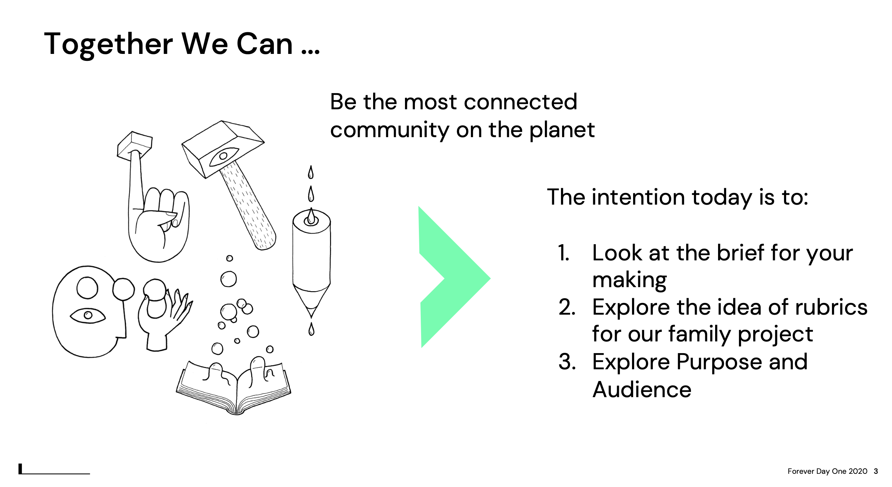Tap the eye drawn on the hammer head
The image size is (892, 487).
click(x=223, y=157)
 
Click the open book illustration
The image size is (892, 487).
click(x=234, y=387)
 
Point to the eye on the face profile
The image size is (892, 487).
click(x=88, y=315)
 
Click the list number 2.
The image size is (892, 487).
click(x=567, y=307)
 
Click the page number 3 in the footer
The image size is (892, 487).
click(x=876, y=471)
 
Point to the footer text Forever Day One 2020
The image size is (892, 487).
click(x=827, y=471)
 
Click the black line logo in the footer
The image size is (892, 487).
click(x=54, y=469)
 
